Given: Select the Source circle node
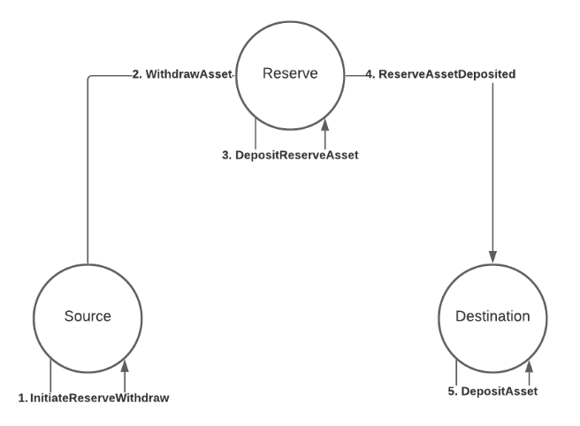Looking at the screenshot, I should click(x=88, y=316).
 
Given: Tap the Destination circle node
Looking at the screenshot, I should click(x=492, y=316).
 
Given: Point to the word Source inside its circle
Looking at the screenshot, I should click(x=88, y=316).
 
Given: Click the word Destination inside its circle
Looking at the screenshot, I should click(x=492, y=316).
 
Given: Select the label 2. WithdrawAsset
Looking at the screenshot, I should click(x=181, y=75).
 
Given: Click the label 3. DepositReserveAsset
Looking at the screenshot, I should click(x=290, y=155).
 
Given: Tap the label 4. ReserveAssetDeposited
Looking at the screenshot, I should click(x=446, y=75).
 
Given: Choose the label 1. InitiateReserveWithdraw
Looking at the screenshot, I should click(x=94, y=398).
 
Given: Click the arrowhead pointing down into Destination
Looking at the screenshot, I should click(x=492, y=254).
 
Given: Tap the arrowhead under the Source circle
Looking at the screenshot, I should click(x=125, y=365).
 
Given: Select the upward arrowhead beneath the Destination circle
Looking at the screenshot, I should click(x=529, y=365).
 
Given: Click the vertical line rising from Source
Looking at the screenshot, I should click(x=88, y=177).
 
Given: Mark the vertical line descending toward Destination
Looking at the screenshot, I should click(x=492, y=168).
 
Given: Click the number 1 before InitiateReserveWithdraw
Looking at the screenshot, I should click(x=22, y=398).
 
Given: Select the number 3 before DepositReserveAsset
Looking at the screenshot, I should click(x=225, y=155).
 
